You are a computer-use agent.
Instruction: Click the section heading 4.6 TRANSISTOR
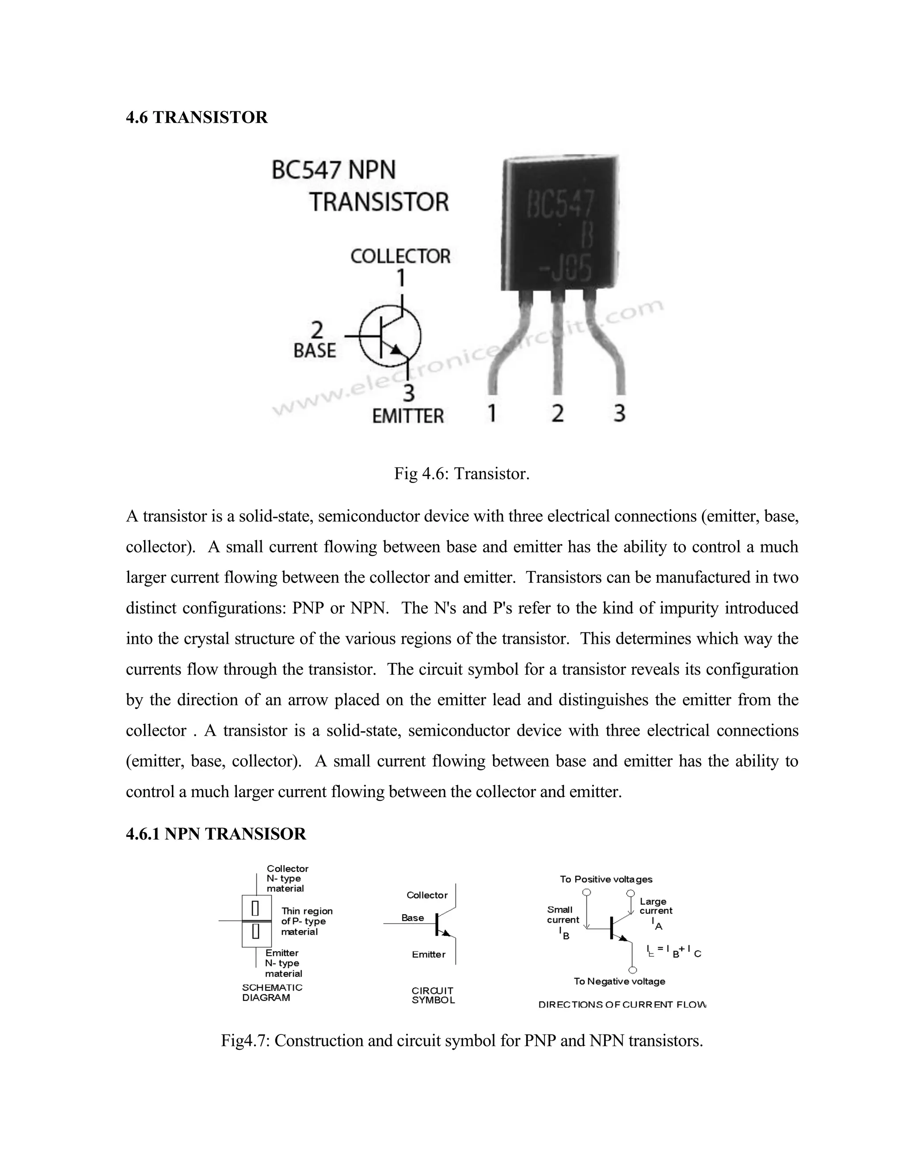point(196,118)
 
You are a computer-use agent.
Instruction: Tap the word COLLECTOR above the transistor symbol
point(400,256)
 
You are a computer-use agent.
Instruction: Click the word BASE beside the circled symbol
point(314,351)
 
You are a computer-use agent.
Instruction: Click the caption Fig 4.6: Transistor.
point(462,473)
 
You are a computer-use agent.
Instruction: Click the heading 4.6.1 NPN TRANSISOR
point(216,834)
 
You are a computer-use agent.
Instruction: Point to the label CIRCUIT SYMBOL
point(433,995)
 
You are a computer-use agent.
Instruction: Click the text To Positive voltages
point(606,879)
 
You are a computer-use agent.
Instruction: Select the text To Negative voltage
point(619,981)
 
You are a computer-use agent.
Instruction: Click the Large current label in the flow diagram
point(655,906)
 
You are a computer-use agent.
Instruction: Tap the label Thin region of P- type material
point(306,921)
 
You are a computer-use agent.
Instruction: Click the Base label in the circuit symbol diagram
point(412,918)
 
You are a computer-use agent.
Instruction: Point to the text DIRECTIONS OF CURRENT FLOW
point(622,1004)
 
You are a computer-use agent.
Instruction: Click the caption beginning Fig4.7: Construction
point(462,1040)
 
